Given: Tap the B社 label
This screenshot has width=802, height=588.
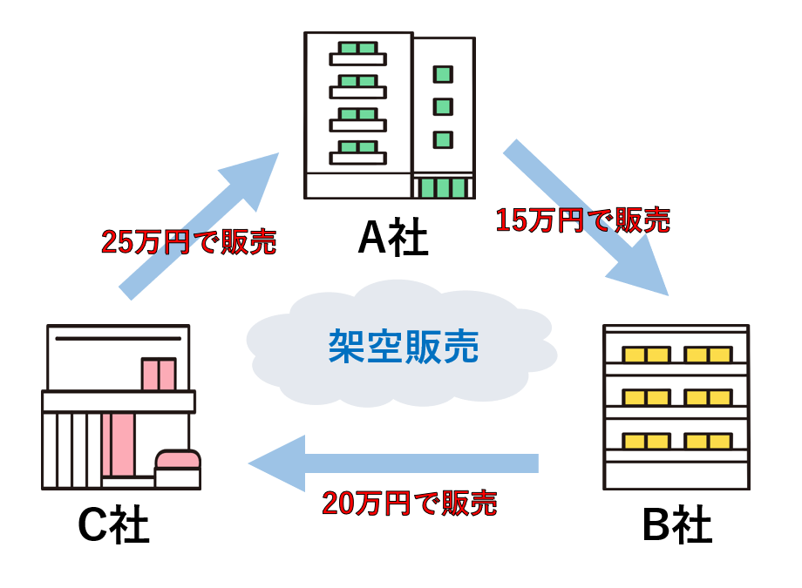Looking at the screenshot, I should pos(676,526).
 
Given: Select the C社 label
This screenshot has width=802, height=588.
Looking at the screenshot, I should pos(113,526).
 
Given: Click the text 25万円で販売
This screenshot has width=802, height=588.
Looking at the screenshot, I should pos(189,241).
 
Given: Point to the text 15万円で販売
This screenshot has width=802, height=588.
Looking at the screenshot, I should pos(582,220).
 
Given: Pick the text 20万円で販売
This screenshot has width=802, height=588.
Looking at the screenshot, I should pos(410,503).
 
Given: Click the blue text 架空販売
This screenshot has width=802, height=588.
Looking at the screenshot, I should pos(404,346).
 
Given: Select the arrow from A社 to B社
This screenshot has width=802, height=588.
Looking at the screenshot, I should pos(585,220).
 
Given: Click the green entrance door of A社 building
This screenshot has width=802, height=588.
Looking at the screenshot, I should pos(443,187).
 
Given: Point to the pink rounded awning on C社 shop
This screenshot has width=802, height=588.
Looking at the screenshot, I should pos(178,459).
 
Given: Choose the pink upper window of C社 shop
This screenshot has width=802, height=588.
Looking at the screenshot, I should pos(159,374).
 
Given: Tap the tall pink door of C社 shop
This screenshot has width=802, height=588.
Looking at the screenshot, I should pos(118,444).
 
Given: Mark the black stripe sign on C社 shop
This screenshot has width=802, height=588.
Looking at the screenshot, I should pos(118,338).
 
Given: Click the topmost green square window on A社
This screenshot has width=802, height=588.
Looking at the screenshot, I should pos(443,74).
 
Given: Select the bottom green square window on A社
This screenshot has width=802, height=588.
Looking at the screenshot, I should pos(443,139).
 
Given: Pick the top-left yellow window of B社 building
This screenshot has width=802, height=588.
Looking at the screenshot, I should pos(645,355).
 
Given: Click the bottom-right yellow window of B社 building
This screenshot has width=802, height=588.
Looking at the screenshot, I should pos(708,441).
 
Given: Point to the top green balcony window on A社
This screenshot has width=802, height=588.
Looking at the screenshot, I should pos(357,48).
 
